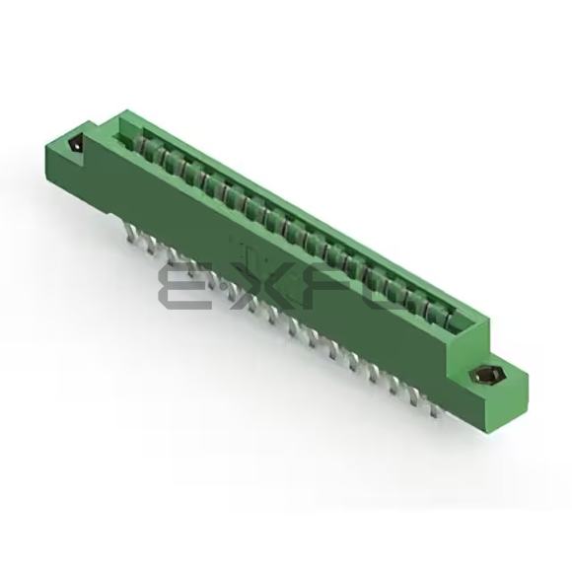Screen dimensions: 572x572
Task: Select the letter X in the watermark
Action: (254, 287)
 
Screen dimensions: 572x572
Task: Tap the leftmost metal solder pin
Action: (130, 234)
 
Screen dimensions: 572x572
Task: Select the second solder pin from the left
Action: (150, 245)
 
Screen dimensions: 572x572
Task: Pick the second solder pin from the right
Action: (414, 399)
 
